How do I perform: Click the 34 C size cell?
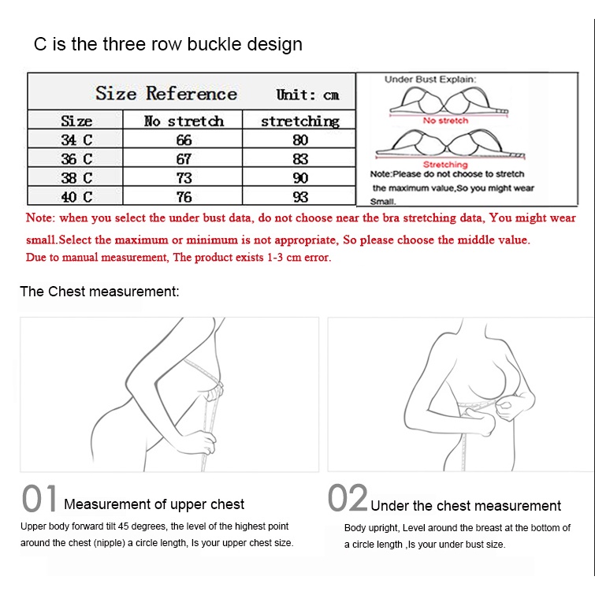click(76, 140)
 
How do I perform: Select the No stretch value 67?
click(184, 159)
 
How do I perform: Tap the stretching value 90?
click(300, 178)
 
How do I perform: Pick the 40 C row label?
click(76, 197)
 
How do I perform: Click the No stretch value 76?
click(184, 197)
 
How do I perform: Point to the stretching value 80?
click(300, 140)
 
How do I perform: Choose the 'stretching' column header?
click(299, 121)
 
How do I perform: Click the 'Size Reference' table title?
click(166, 93)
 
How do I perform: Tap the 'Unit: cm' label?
click(307, 95)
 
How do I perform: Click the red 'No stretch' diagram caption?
click(445, 121)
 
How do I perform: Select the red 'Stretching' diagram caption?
click(445, 165)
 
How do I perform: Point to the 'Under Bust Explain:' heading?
click(430, 80)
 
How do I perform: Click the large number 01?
click(39, 498)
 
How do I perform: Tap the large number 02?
click(348, 497)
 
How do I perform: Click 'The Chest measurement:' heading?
click(99, 292)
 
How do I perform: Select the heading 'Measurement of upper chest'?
click(154, 504)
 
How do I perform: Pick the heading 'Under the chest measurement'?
click(466, 506)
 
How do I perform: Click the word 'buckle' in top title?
click(214, 44)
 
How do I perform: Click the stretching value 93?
click(300, 197)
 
